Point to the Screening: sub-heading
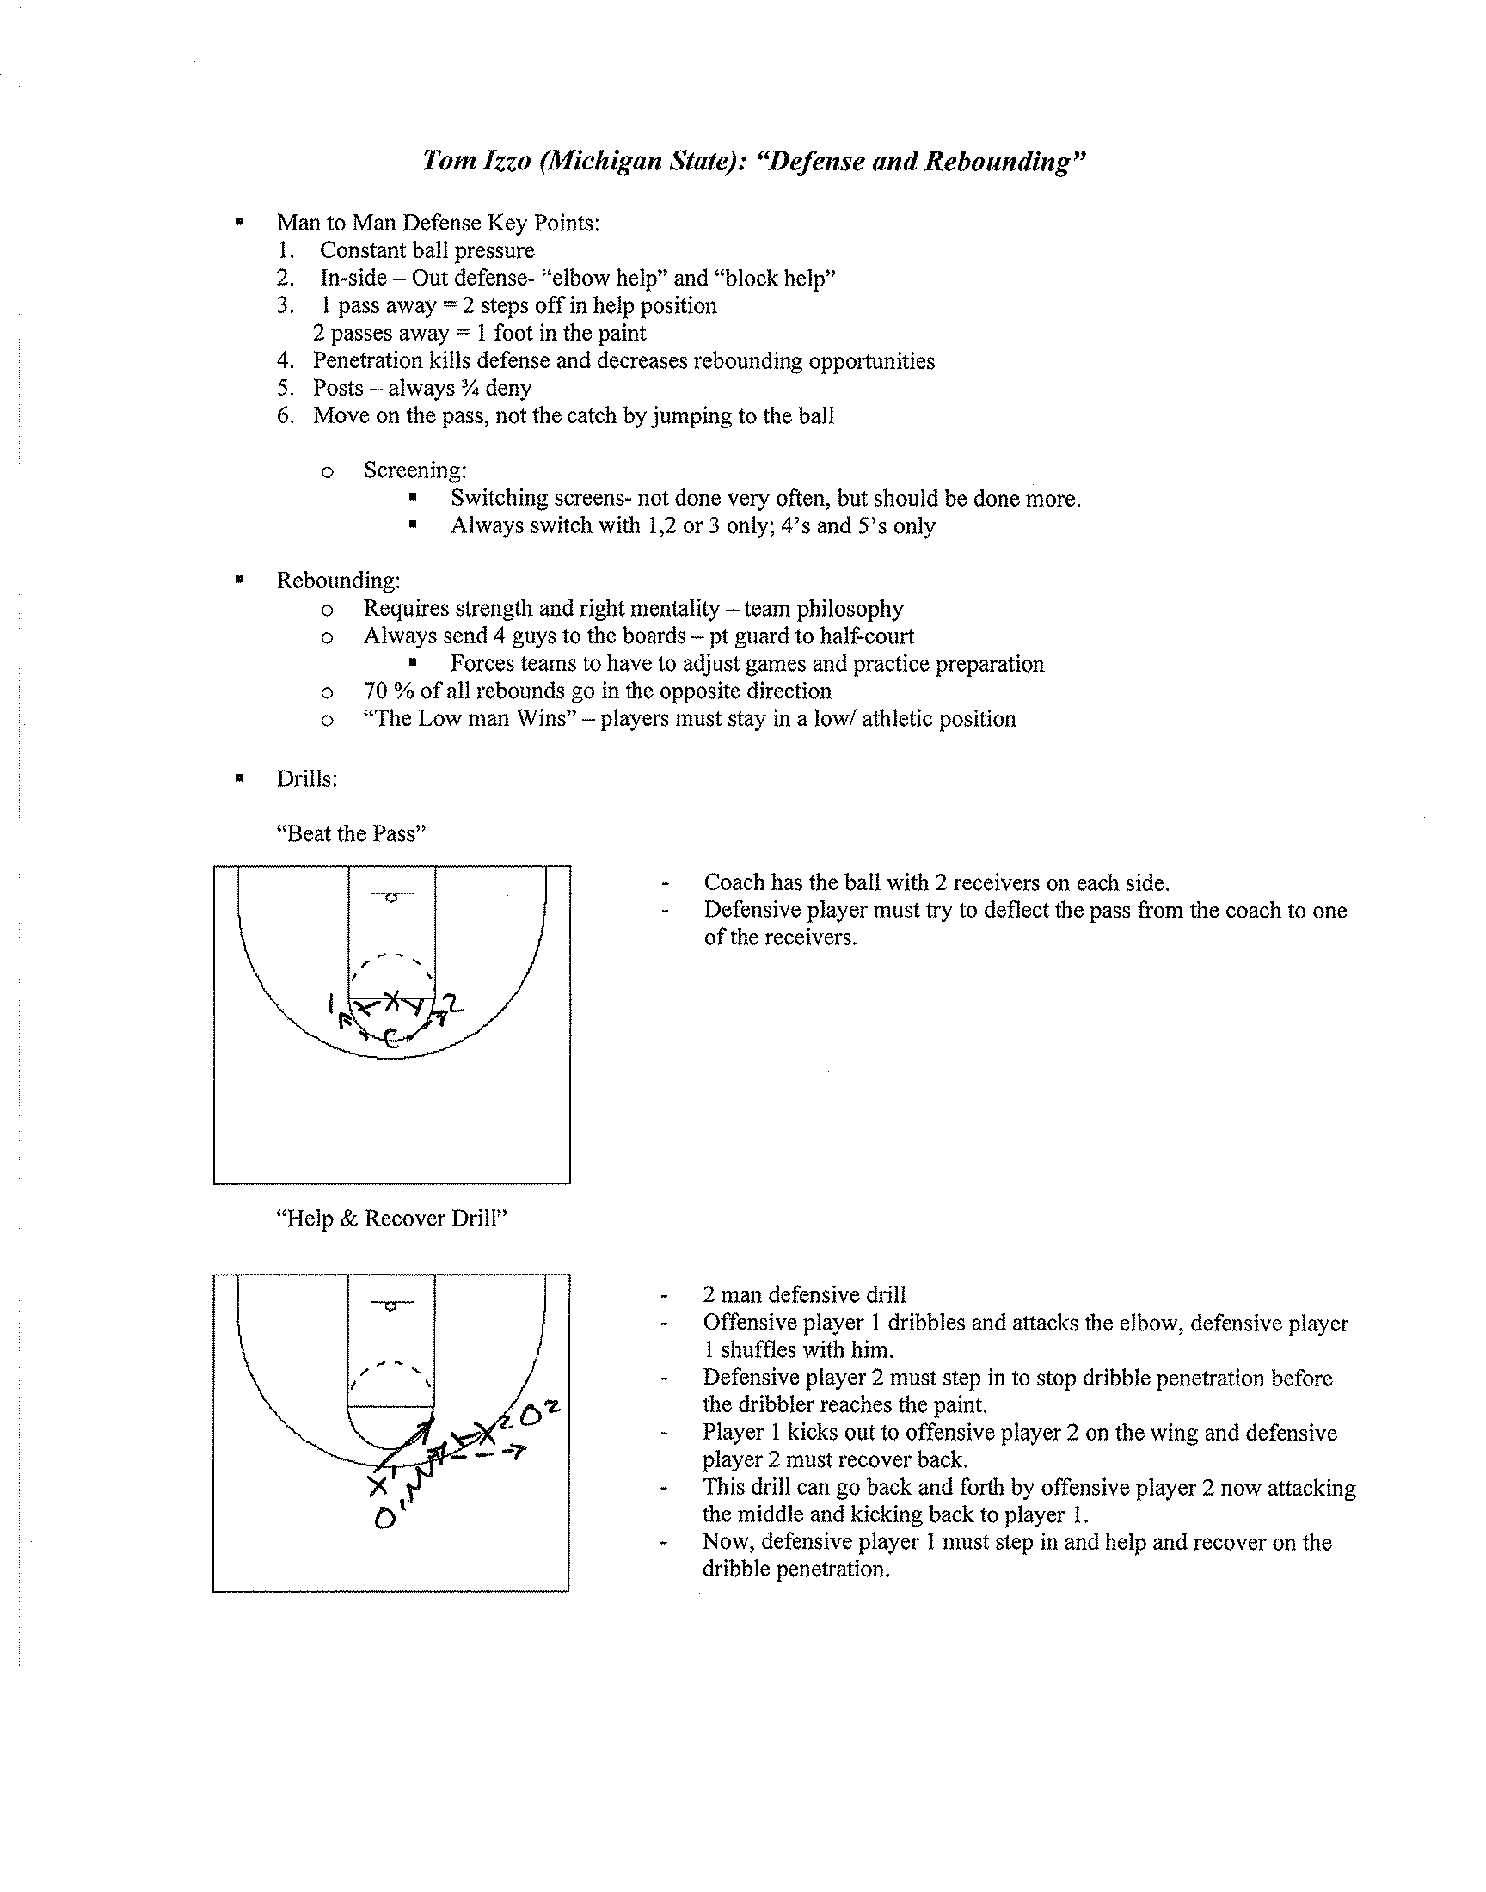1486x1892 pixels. (415, 470)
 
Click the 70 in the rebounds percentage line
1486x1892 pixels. (375, 691)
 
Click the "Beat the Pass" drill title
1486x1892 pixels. (352, 834)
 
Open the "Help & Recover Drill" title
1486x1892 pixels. (391, 1219)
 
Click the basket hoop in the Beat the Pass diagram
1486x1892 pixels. (391, 898)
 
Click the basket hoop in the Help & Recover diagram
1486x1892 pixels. (391, 1305)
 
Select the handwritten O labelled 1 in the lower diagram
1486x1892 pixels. (383, 1519)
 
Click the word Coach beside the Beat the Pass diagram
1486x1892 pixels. (734, 883)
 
